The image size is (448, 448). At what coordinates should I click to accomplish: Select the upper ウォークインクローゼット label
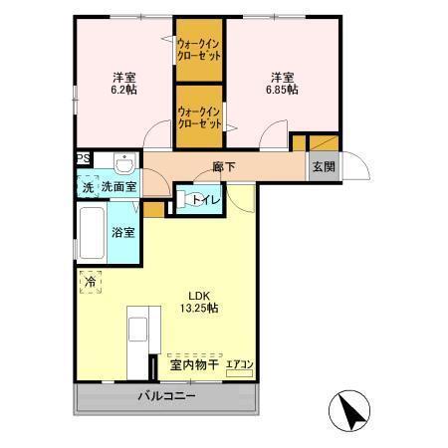200,50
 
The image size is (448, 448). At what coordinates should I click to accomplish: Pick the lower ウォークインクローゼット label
200,119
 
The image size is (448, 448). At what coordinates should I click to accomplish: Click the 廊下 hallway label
223,165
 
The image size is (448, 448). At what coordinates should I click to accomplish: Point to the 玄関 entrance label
324,166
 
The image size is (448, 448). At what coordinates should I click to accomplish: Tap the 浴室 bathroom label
124,233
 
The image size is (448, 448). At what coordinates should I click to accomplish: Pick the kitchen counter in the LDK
137,337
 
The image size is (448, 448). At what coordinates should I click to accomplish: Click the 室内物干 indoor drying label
193,365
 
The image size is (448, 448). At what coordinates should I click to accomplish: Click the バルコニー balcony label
166,396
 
